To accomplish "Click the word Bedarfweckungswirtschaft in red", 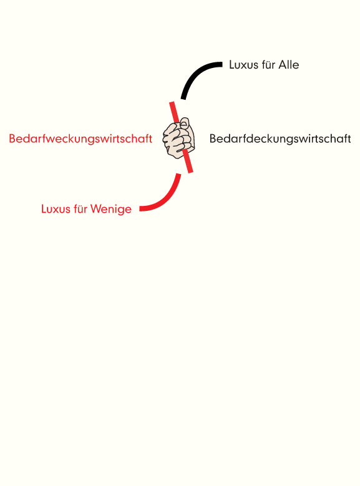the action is [x=80, y=139].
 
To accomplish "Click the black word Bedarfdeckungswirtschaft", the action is [x=280, y=139].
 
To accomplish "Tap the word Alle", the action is [x=289, y=64].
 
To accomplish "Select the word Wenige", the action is [x=111, y=209].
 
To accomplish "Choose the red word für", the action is [x=80, y=209].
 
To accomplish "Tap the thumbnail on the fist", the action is [x=185, y=124].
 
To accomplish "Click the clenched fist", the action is [x=179, y=139].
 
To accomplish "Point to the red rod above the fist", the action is [x=174, y=112].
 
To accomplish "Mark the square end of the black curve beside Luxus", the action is [x=221, y=64].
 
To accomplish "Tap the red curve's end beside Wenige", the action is [x=141, y=208].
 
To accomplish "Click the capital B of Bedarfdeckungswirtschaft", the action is [x=213, y=139].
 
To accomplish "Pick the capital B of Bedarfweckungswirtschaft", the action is [x=12, y=139].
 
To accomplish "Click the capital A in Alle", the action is [x=283, y=64].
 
